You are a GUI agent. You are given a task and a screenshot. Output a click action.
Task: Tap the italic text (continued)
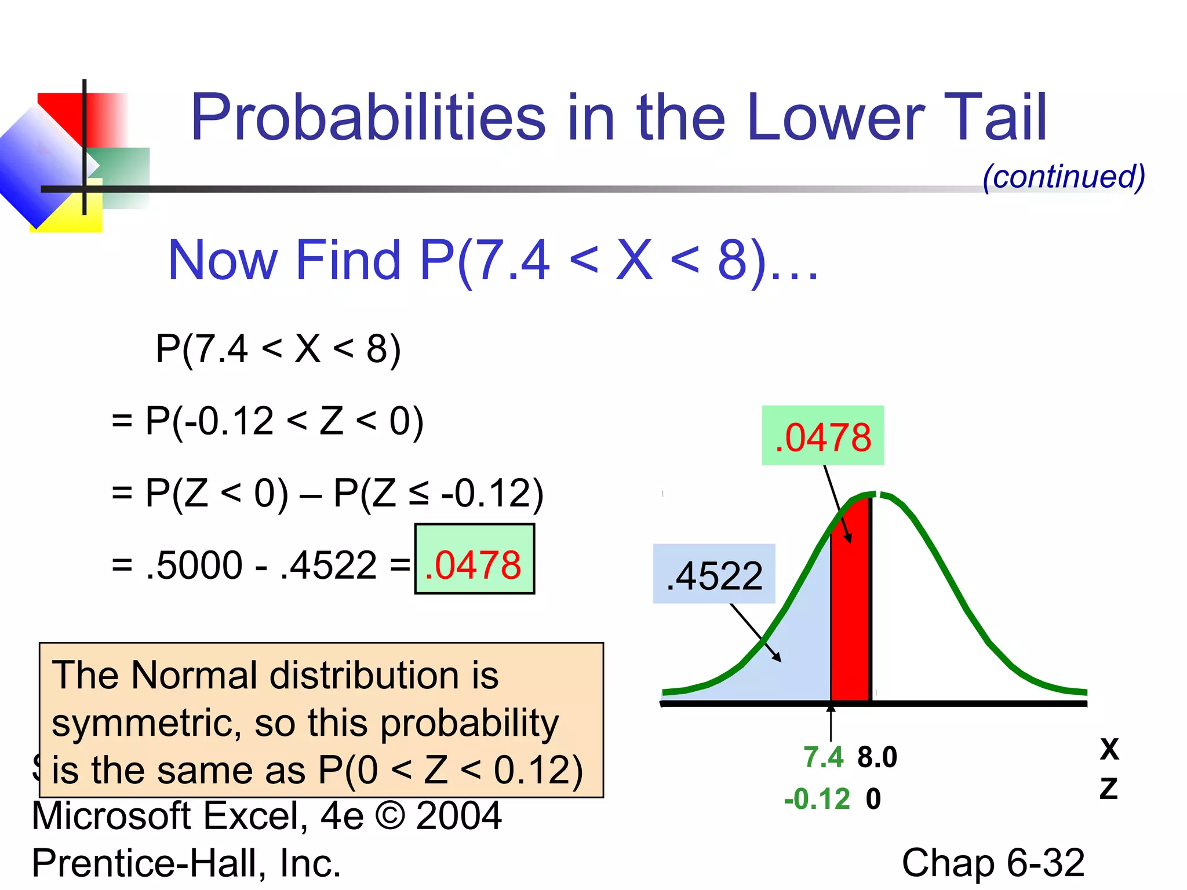click(1064, 176)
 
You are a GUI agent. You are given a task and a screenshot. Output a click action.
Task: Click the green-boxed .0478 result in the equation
click(474, 565)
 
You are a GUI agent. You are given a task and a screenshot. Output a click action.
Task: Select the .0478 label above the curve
click(822, 437)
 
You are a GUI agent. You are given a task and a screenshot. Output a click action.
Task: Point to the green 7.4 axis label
click(823, 757)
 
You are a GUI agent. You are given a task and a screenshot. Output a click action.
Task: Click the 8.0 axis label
click(877, 757)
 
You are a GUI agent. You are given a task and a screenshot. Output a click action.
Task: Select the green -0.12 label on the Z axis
click(817, 799)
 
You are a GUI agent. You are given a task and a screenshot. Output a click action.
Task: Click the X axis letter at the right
click(1109, 749)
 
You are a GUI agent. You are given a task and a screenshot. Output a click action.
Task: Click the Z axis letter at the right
click(1108, 789)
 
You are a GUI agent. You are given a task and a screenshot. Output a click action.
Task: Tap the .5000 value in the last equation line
click(194, 565)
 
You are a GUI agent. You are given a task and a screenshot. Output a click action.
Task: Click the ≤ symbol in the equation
click(418, 493)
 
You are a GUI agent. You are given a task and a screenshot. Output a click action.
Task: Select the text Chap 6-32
click(992, 863)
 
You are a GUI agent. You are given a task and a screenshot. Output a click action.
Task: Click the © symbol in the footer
click(390, 816)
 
